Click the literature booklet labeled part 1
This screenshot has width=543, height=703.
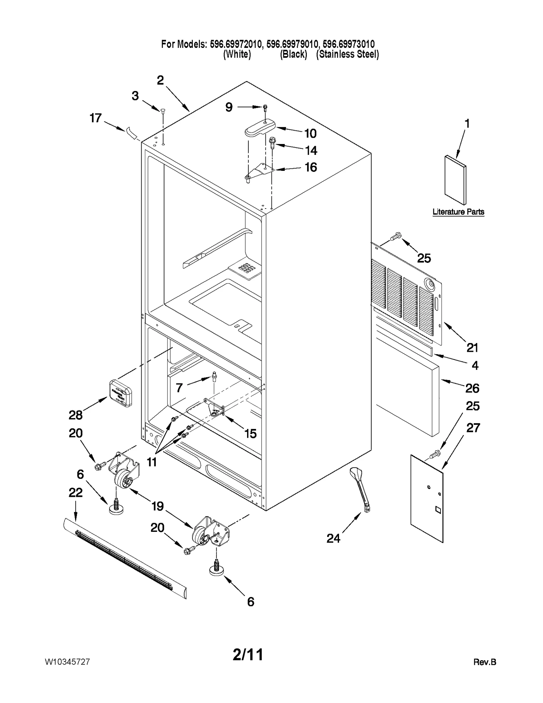click(455, 180)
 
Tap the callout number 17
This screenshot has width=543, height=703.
click(96, 118)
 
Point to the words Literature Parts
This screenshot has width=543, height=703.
click(458, 212)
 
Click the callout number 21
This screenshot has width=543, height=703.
click(472, 347)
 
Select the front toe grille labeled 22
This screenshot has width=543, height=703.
click(125, 557)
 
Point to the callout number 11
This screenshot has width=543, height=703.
click(152, 462)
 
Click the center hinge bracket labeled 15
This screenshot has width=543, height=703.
click(216, 409)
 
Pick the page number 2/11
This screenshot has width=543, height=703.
click(248, 654)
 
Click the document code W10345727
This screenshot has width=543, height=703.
click(67, 662)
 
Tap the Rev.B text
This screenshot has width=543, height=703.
click(485, 662)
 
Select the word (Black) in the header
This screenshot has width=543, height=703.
click(293, 54)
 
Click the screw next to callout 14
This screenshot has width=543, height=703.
click(272, 142)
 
